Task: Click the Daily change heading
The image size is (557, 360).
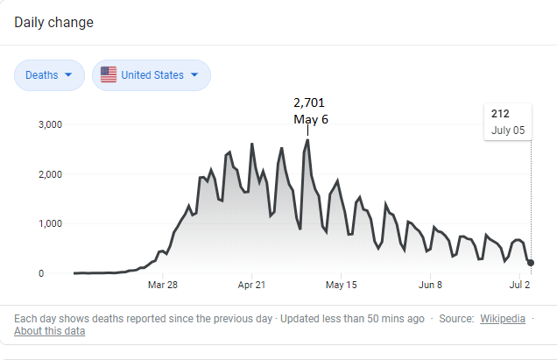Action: click(53, 22)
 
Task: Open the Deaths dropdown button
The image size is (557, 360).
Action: click(49, 75)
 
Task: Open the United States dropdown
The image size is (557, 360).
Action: click(152, 75)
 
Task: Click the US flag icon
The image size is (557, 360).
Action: click(109, 75)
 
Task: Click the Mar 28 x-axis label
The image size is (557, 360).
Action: click(163, 285)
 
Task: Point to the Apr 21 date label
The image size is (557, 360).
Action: click(251, 285)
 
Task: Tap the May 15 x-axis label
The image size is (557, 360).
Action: click(341, 285)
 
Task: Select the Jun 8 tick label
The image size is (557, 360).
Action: click(430, 285)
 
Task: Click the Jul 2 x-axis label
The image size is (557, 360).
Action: click(519, 285)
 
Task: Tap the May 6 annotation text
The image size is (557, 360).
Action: click(310, 119)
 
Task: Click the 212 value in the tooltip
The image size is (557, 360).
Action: click(500, 113)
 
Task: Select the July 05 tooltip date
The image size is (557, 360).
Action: click(507, 130)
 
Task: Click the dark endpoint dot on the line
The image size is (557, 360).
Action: click(531, 263)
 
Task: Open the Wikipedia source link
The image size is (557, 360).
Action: click(503, 318)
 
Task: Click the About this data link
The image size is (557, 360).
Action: click(50, 331)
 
